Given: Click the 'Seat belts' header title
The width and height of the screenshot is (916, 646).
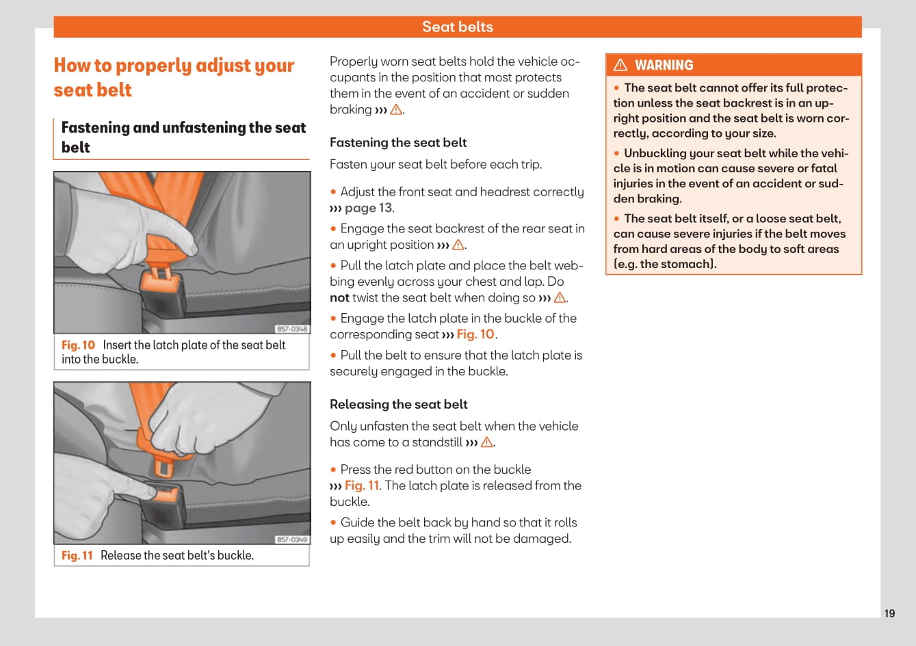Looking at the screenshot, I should (457, 27).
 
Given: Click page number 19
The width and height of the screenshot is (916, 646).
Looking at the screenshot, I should (889, 613).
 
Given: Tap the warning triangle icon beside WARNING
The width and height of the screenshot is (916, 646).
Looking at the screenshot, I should (620, 65).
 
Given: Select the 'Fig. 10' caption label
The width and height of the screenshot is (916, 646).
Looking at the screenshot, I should (78, 345).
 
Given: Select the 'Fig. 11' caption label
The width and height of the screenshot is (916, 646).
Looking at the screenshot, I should (77, 556).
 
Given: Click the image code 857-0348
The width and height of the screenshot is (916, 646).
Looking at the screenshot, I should (292, 329).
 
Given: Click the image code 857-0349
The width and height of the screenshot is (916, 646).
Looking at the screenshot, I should (292, 539).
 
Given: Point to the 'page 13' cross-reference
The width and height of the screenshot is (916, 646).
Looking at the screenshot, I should (369, 208).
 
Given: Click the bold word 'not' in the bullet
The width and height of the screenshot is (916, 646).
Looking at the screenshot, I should (339, 297).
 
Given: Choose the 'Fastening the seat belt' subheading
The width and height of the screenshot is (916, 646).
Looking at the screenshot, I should (398, 142).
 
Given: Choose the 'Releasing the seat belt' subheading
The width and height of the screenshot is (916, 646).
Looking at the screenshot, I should (399, 404).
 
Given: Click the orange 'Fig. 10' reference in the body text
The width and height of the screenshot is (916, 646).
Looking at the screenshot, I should (475, 334).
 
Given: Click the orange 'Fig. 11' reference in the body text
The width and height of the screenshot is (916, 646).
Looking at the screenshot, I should (362, 485).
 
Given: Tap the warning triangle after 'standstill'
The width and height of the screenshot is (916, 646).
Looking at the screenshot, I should (487, 442).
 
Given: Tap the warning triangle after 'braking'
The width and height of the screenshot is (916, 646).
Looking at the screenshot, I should (396, 109).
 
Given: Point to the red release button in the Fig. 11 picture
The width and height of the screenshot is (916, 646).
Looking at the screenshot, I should (168, 494).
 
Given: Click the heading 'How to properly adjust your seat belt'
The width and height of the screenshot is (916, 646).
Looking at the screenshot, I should (174, 77).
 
